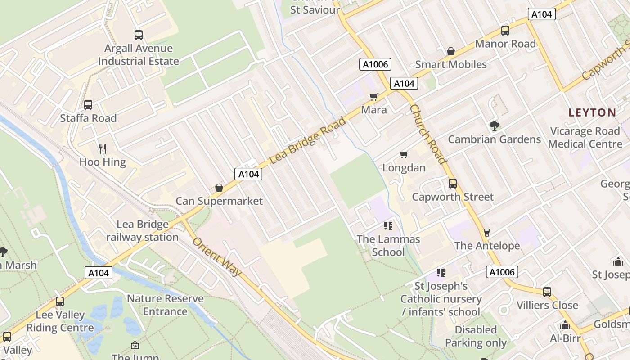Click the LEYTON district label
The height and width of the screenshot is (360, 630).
pos(592,112)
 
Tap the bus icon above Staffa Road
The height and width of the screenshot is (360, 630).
pos(88,105)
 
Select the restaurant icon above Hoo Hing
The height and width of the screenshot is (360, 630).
pos(103,148)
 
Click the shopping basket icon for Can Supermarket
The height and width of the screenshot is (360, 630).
pos(219,187)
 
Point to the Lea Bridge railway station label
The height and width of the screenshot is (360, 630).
pos(142,231)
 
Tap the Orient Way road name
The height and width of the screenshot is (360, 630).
pos(217,256)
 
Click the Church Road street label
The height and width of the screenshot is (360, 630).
pos(427,134)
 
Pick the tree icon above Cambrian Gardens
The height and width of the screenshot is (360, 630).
pos(494,126)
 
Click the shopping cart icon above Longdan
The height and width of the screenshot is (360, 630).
pos(404,155)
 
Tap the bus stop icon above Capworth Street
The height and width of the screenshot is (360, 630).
pos(452,184)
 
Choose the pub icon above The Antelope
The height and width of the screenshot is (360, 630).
pos(486,232)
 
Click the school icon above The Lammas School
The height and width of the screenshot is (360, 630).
pos(388,226)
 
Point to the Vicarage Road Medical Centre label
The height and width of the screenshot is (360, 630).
pos(585,138)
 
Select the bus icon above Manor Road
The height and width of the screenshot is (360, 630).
pos(505,31)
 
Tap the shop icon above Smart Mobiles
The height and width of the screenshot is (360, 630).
pos(451,52)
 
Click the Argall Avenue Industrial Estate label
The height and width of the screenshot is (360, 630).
pos(139,55)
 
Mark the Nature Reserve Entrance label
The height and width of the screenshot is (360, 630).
pos(165,305)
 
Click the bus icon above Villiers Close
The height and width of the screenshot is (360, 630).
pos(547,292)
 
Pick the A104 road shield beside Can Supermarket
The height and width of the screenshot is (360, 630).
pos(248,174)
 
